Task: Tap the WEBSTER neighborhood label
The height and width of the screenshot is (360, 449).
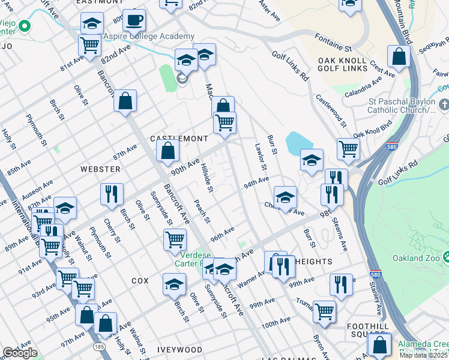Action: point(96,170)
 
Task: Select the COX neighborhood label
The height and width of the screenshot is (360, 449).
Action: point(139,280)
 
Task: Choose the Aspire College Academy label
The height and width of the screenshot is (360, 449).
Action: point(149,37)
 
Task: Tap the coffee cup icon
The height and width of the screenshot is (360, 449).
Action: point(134,20)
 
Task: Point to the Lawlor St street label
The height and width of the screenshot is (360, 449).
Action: point(260,158)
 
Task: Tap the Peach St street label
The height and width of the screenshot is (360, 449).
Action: point(201,211)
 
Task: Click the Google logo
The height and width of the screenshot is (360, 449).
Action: point(20,353)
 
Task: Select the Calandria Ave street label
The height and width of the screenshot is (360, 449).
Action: point(364,88)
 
